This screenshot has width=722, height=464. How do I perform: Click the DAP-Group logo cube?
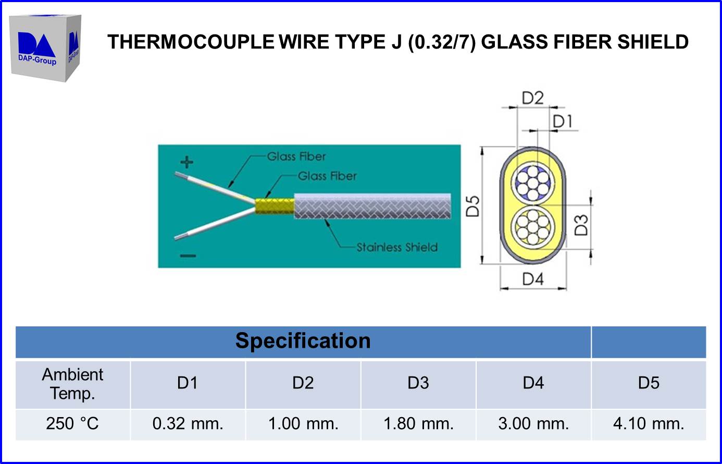tap(45, 48)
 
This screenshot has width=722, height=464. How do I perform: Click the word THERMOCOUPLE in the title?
tap(190, 42)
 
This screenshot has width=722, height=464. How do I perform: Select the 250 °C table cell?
tap(72, 423)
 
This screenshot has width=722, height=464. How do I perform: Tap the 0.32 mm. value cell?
tap(188, 423)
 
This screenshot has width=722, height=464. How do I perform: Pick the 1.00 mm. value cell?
tap(303, 423)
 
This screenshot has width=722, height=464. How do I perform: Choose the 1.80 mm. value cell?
tap(418, 423)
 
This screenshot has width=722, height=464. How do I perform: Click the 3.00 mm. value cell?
tap(533, 423)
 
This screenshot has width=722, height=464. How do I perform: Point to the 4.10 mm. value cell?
tap(649, 423)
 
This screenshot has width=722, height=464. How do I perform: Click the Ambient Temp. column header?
tap(72, 384)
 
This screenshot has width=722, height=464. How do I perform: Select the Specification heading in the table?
tap(303, 341)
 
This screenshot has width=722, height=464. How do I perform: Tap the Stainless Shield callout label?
tap(397, 247)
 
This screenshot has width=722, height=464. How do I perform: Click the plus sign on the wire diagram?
tap(186, 162)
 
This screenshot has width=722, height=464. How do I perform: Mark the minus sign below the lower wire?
tap(188, 255)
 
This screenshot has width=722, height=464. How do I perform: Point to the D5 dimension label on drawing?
tap(472, 206)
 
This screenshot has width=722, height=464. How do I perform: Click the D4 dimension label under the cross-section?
tap(533, 279)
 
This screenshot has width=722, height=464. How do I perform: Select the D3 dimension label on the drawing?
tap(581, 225)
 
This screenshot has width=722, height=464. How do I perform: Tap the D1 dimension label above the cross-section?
tap(563, 121)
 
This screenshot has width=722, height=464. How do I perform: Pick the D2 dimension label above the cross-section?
tap(532, 98)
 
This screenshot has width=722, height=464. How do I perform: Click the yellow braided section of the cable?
tap(274, 206)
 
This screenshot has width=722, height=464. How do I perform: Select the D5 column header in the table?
tap(649, 383)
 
